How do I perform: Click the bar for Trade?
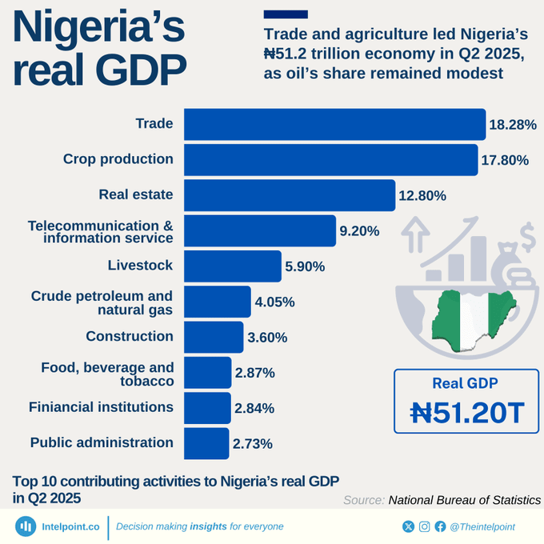334,124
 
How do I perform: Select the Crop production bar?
330,159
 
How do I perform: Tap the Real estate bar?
290,195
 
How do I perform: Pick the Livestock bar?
232,266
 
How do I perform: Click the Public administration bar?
206,443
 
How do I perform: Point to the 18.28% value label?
513,125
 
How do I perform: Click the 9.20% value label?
359,231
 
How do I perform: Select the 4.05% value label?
274,302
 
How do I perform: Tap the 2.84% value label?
254,408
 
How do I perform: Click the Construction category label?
130,336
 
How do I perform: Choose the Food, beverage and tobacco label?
107,374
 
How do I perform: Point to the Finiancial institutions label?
101,407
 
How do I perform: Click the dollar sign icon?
527,237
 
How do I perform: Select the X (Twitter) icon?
409,526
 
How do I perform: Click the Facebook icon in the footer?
440,526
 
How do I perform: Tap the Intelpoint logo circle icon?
26,526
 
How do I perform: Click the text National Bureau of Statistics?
464,500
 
